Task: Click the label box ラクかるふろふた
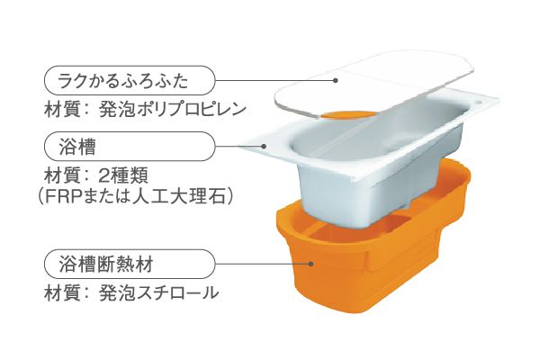[x=130, y=81]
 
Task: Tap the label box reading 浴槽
[x=130, y=146]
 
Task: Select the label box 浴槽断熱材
[x=130, y=265]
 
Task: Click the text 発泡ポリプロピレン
[x=173, y=109]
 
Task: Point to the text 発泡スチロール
[x=158, y=293]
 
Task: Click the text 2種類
[x=123, y=175]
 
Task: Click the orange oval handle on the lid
[x=347, y=115]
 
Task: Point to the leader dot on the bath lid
[x=335, y=80]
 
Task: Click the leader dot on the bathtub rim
[x=264, y=146]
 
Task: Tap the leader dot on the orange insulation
[x=311, y=264]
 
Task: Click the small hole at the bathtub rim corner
[x=478, y=103]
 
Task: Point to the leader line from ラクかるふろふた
[x=274, y=81]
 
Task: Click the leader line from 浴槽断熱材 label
[x=263, y=265]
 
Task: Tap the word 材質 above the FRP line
[x=61, y=175]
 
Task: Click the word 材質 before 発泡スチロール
[x=61, y=293]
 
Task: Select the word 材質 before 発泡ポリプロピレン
[x=61, y=109]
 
